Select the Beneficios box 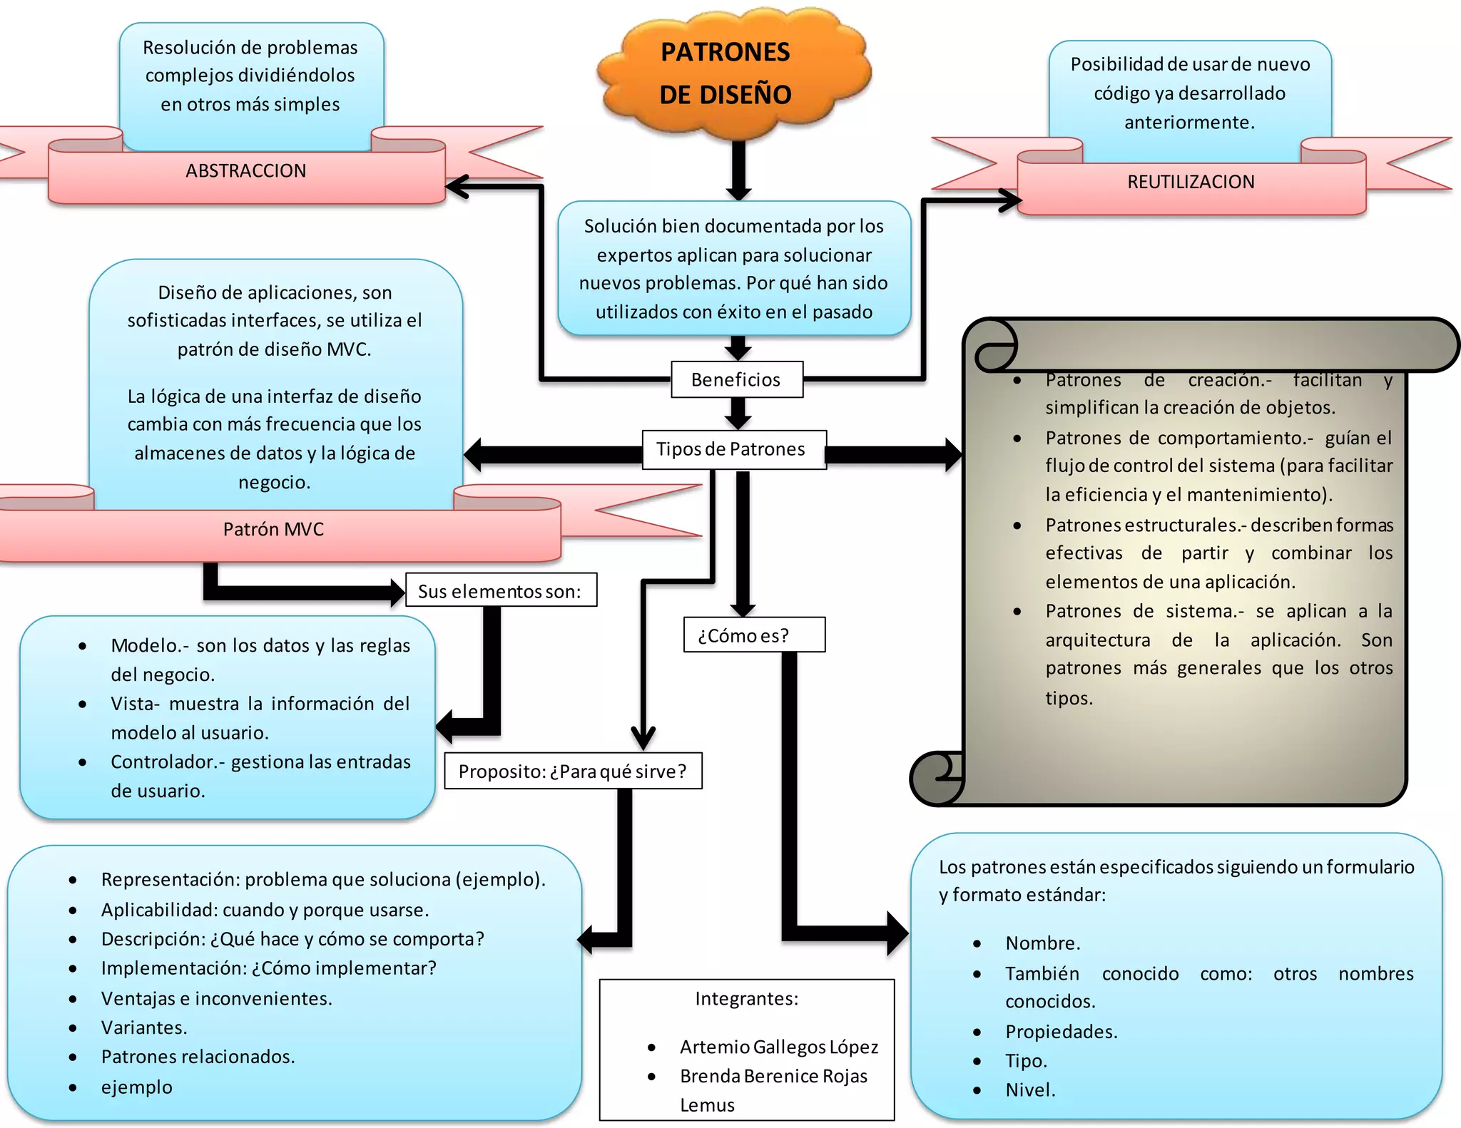pyautogui.click(x=736, y=379)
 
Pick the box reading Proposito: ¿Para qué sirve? pyautogui.click(x=573, y=771)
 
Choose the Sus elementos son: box pyautogui.click(x=500, y=590)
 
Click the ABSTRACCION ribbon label pyautogui.click(x=245, y=171)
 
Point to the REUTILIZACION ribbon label pyautogui.click(x=1190, y=182)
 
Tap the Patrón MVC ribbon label pyautogui.click(x=273, y=529)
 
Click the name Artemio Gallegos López pyautogui.click(x=778, y=1047)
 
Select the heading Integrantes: pyautogui.click(x=746, y=998)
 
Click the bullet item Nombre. pyautogui.click(x=1042, y=943)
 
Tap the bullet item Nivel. pyautogui.click(x=1029, y=1089)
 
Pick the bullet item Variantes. pyautogui.click(x=144, y=1027)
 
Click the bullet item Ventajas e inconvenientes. pyautogui.click(x=216, y=998)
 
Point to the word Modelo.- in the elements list pyautogui.click(x=149, y=645)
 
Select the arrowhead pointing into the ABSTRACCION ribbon pyautogui.click(x=457, y=187)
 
